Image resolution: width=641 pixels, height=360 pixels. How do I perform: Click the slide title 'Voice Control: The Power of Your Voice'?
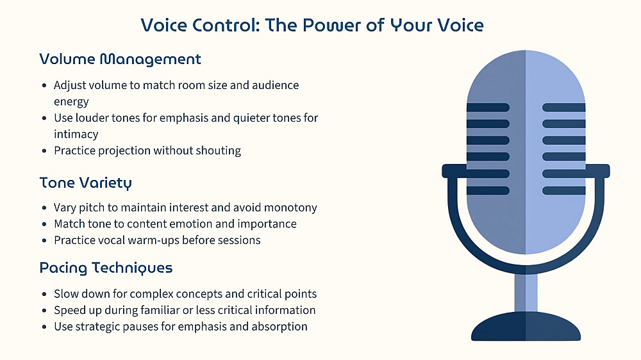pos(312,26)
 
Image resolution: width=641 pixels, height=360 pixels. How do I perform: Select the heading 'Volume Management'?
pos(121,60)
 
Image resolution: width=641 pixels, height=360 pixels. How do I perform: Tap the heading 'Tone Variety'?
pos(86,183)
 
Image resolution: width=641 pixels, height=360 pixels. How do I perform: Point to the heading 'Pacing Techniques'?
pos(106,268)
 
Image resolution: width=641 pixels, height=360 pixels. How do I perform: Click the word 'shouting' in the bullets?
pos(219,151)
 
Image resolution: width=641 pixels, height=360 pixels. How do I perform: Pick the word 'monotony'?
pos(290,208)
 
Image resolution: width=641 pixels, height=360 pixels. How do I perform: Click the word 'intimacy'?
pos(76,134)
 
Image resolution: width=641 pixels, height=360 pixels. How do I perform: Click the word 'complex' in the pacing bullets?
pos(151,294)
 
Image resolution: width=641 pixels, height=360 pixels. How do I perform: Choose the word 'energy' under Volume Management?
pos(71,102)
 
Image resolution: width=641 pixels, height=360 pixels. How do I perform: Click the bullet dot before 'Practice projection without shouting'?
pos(45,151)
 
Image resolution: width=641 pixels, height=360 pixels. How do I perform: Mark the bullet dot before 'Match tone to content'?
pos(45,224)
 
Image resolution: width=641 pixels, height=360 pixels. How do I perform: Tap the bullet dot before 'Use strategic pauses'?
pos(45,327)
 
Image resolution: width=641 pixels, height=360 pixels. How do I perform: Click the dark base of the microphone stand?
pos(526,327)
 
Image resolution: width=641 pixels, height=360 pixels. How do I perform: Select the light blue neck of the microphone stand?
pos(526,293)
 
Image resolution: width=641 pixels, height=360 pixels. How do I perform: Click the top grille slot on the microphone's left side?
pos(488,108)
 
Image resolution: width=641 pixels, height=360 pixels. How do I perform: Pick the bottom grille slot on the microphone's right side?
pos(563,190)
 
